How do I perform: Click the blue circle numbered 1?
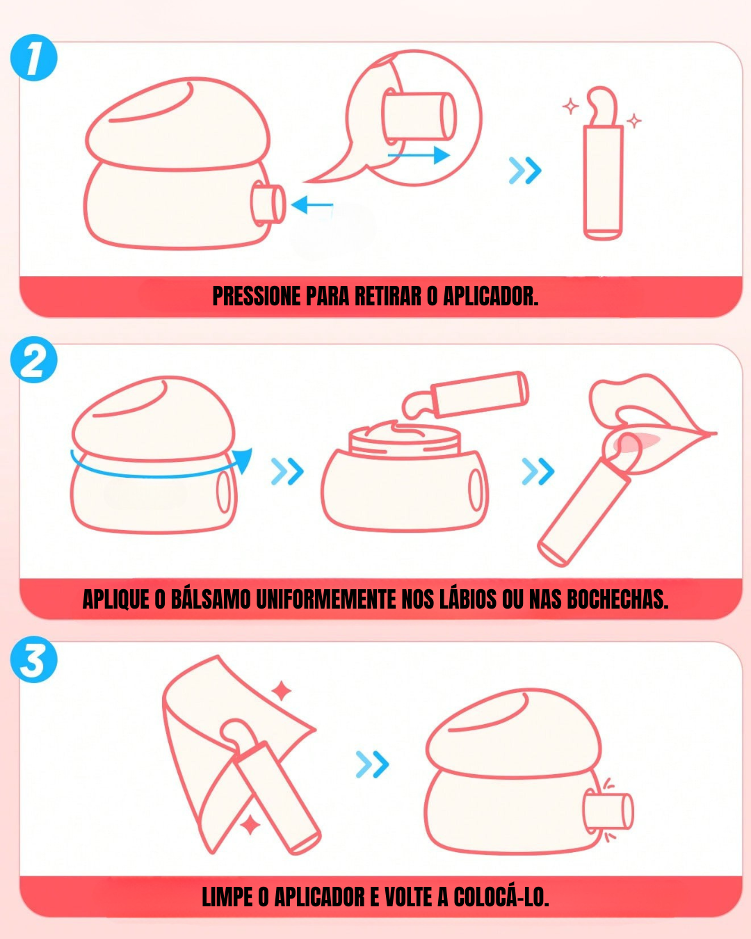pyautogui.click(x=34, y=58)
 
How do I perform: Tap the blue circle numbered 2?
pyautogui.click(x=34, y=360)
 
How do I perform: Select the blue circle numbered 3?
pyautogui.click(x=34, y=659)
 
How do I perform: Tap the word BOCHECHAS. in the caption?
pyautogui.click(x=617, y=600)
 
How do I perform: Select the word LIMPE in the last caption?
pyautogui.click(x=227, y=897)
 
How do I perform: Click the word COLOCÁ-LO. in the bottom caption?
pyautogui.click(x=501, y=897)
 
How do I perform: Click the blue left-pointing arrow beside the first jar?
pyautogui.click(x=312, y=204)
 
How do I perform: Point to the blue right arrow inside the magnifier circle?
pyautogui.click(x=419, y=155)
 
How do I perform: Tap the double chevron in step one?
pyautogui.click(x=526, y=170)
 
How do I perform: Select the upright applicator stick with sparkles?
pyautogui.click(x=603, y=163)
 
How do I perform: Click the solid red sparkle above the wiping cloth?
pyautogui.click(x=282, y=691)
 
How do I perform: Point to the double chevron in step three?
pyautogui.click(x=372, y=764)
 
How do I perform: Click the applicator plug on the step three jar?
pyautogui.click(x=608, y=811)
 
